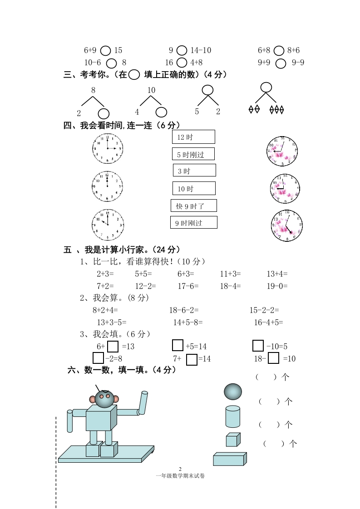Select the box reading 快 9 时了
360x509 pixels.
click(194, 206)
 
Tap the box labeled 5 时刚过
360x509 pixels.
click(193, 154)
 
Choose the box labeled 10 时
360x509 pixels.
click(194, 188)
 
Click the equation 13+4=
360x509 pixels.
click(277, 274)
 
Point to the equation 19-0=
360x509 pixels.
click(277, 286)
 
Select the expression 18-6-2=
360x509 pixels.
click(184, 310)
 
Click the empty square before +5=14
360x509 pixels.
click(178, 346)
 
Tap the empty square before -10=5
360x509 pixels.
click(258, 346)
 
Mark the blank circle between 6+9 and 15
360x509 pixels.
click(105, 51)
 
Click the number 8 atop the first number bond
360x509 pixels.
click(93, 90)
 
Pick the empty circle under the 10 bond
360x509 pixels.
click(161, 112)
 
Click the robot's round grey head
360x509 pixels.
click(104, 398)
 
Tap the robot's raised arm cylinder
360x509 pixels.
click(143, 403)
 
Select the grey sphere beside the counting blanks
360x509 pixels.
click(233, 391)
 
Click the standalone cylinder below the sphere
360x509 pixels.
click(233, 416)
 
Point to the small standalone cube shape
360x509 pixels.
click(232, 440)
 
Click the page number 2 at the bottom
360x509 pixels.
click(180, 469)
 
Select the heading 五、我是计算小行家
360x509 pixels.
click(123, 249)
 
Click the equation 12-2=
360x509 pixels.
click(145, 286)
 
